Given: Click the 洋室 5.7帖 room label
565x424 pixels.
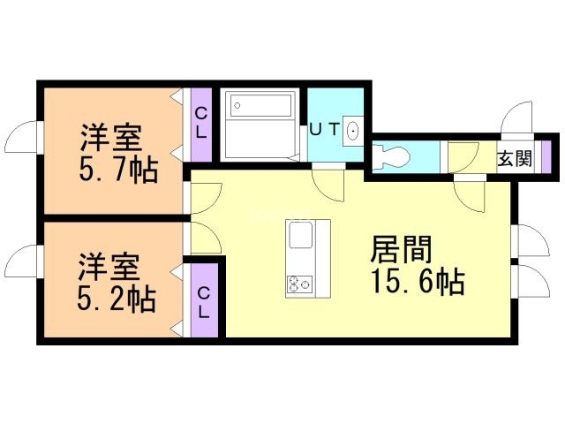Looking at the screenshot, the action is (118, 153).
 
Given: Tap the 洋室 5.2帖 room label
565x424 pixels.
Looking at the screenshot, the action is (117, 283).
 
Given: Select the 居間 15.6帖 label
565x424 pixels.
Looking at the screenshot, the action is (418, 265).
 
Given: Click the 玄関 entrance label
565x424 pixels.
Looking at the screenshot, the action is (515, 158).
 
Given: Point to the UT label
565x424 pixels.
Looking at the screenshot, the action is (324, 130).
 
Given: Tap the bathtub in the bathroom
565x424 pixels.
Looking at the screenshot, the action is (260, 105).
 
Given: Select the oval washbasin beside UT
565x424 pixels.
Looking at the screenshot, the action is (352, 131).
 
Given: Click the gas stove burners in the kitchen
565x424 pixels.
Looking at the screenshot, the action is (300, 284).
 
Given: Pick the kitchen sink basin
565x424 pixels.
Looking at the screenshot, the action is (300, 235).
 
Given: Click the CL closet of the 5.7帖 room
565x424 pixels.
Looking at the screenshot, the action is (201, 125).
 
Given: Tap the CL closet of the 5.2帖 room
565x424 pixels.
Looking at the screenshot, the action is (204, 300).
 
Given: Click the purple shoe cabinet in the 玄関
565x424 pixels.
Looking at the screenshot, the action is (546, 156).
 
